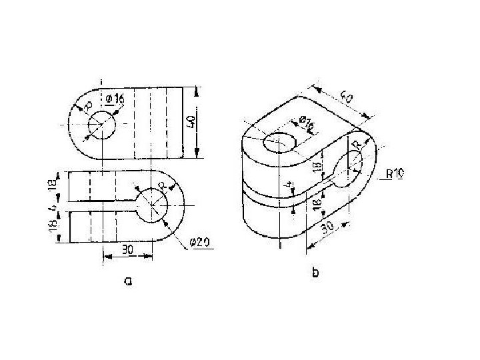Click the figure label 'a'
click(x=129, y=281)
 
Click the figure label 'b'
click(x=315, y=273)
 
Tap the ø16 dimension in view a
click(x=115, y=99)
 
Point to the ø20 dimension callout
click(x=201, y=243)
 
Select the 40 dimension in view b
click(x=346, y=99)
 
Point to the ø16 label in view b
click(x=307, y=124)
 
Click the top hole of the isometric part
click(x=280, y=142)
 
